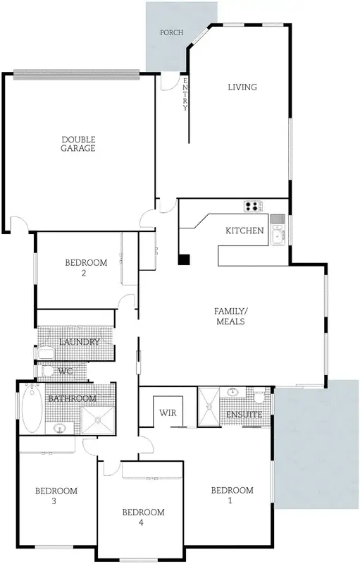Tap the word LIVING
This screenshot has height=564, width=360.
pyautogui.click(x=242, y=87)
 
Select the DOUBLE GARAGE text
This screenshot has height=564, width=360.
pyautogui.click(x=77, y=144)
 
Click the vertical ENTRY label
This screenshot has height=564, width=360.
pyautogui.click(x=185, y=94)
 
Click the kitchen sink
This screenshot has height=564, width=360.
pyautogui.click(x=278, y=234)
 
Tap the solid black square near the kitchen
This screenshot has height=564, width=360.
pyautogui.click(x=183, y=259)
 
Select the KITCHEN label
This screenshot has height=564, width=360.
pyautogui.click(x=244, y=231)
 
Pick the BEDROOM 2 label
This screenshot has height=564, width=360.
pyautogui.click(x=85, y=267)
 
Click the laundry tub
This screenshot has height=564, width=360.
pyautogui.click(x=47, y=350)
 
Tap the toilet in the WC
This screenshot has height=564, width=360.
pyautogui.click(x=47, y=370)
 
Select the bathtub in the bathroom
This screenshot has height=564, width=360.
pyautogui.click(x=32, y=410)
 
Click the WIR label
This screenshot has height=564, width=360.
pyautogui.click(x=168, y=412)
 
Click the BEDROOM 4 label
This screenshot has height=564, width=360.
pyautogui.click(x=143, y=517)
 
